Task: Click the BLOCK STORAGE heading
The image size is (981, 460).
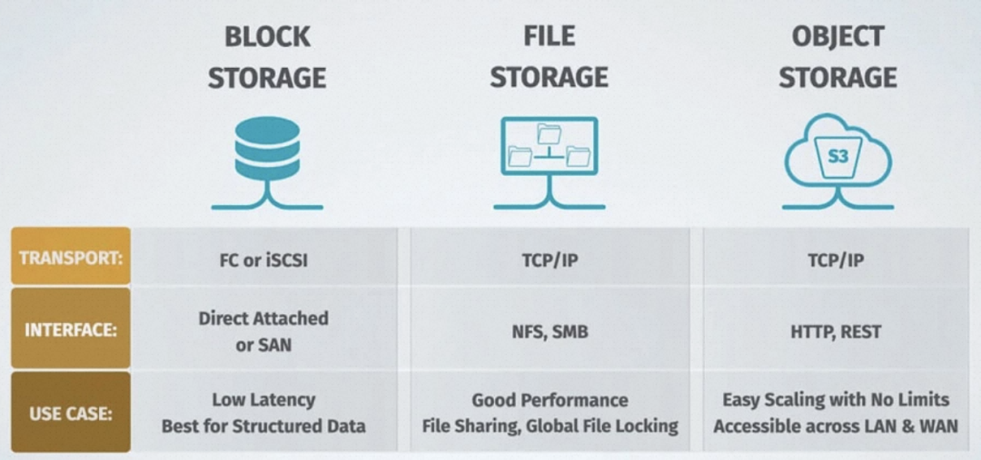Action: (266, 57)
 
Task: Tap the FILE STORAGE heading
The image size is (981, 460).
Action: (549, 56)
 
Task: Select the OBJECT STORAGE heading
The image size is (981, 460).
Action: (837, 56)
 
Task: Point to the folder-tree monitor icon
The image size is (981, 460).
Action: (549, 145)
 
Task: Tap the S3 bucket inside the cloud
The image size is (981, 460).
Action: (837, 157)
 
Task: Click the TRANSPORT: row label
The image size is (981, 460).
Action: (71, 257)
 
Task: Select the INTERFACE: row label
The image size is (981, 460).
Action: (71, 329)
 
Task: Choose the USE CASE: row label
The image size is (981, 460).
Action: (71, 412)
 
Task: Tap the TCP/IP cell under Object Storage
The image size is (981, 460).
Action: (836, 260)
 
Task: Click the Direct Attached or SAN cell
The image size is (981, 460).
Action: (263, 331)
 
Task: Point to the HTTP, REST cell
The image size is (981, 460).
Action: (836, 332)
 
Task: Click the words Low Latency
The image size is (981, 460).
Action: (263, 399)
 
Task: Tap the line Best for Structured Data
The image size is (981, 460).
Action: (263, 426)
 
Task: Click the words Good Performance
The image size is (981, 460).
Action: (550, 399)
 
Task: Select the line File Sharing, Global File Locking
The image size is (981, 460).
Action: (550, 426)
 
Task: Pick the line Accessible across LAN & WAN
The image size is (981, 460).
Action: (836, 426)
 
